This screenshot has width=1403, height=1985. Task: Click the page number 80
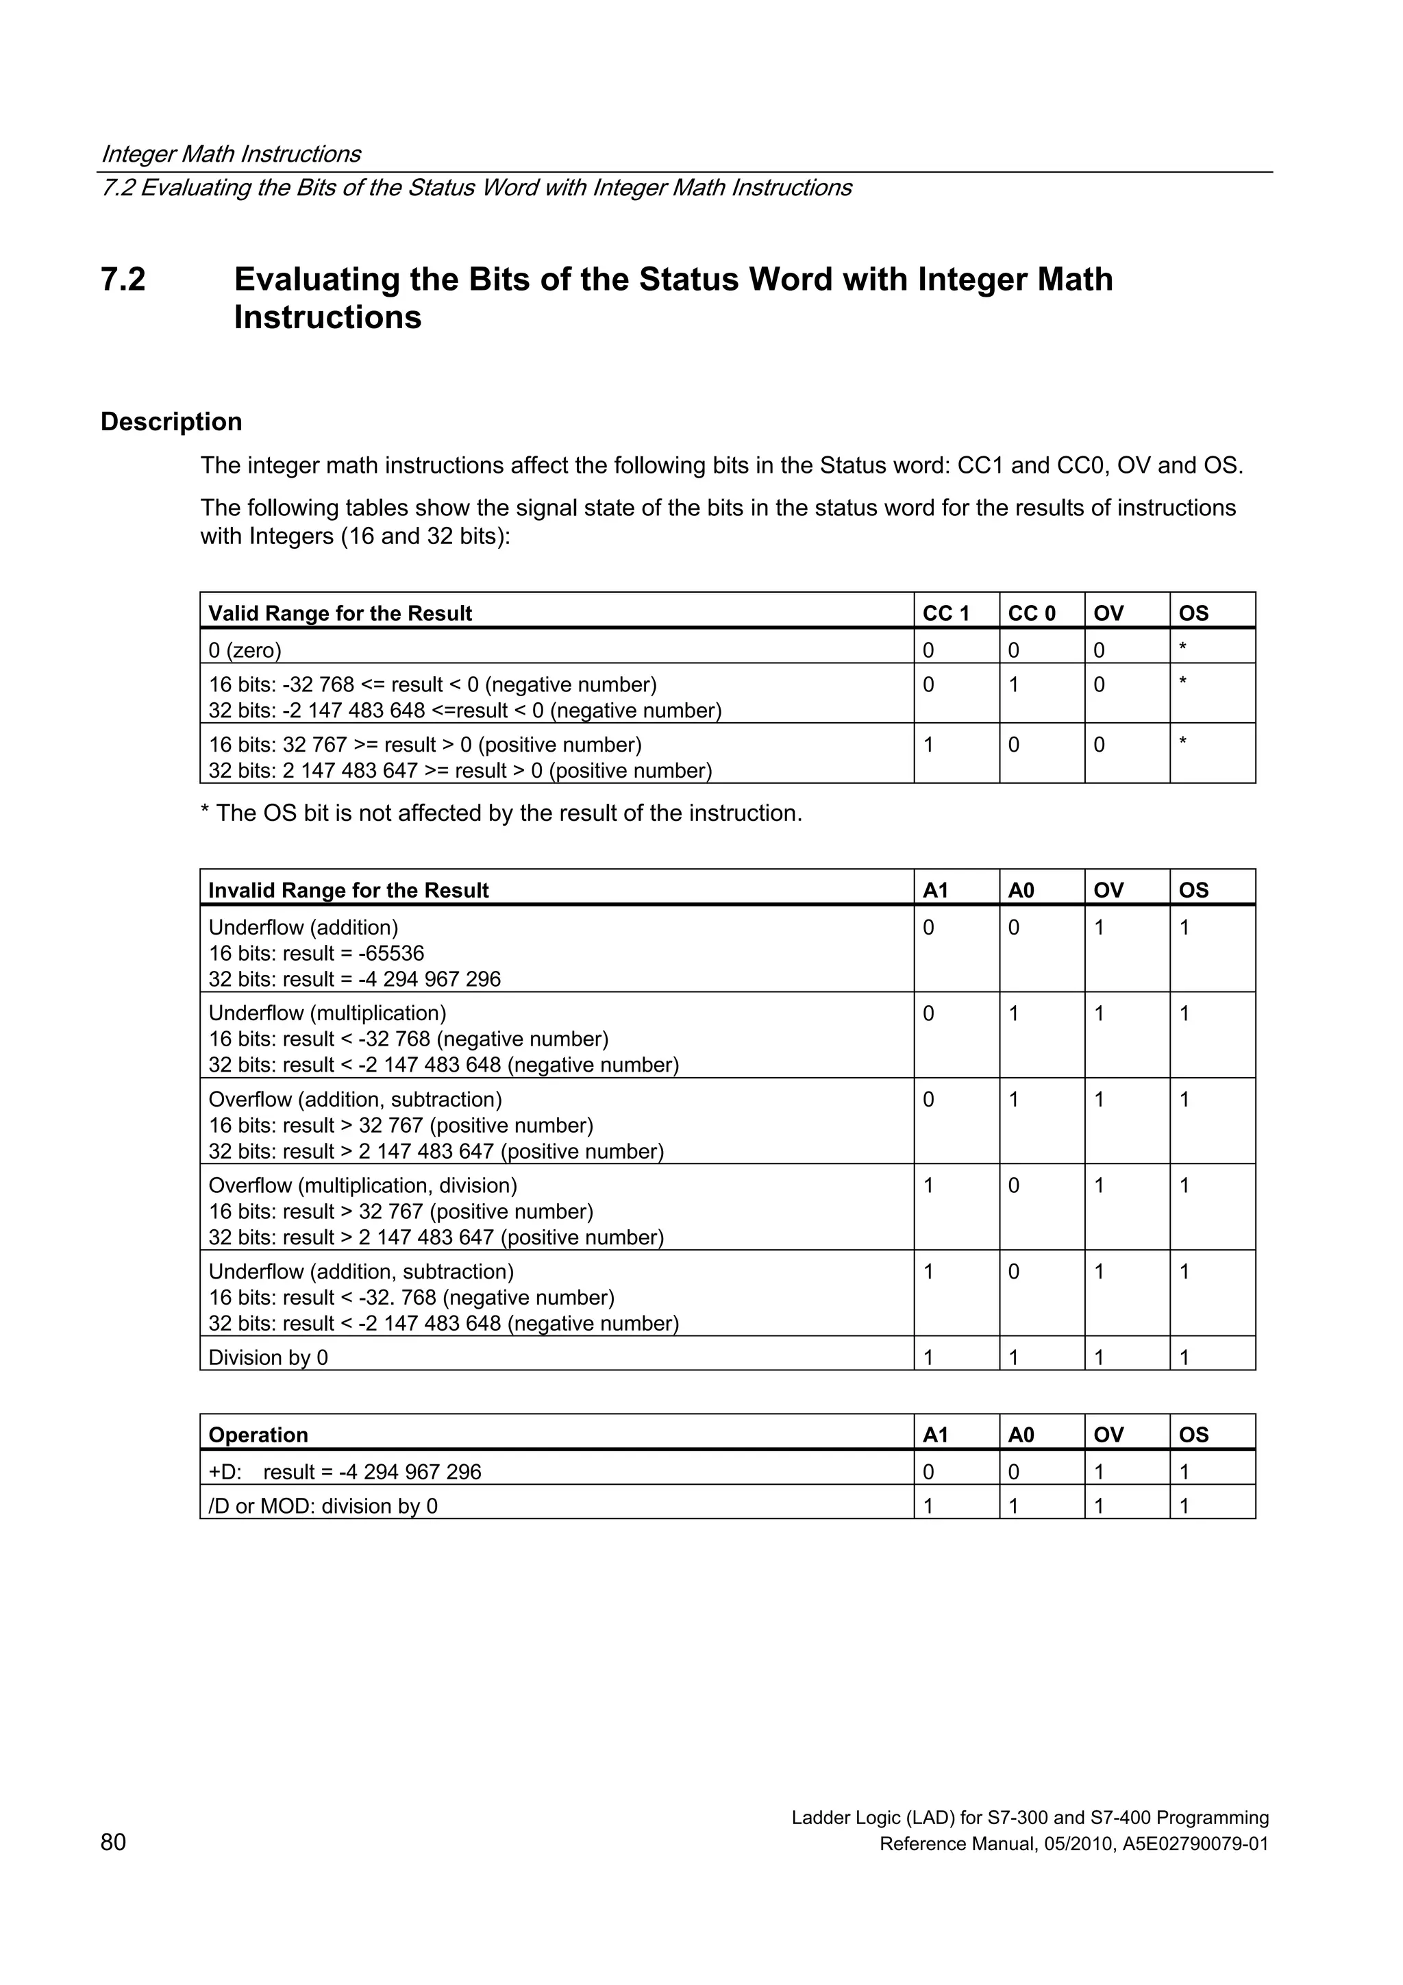point(113,1842)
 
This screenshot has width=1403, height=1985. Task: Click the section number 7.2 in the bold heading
point(123,280)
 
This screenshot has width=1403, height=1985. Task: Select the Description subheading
point(171,422)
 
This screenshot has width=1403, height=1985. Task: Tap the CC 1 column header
point(945,613)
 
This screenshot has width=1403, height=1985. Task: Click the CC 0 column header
point(1031,613)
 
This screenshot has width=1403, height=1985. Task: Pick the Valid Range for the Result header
point(340,613)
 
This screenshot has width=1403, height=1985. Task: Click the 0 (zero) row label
point(245,650)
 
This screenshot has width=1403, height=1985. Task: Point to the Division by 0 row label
point(268,1357)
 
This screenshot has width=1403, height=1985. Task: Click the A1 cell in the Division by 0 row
point(928,1357)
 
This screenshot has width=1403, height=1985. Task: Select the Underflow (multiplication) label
point(327,1013)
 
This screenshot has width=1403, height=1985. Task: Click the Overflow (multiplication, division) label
point(363,1185)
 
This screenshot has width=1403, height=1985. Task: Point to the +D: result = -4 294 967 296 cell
point(345,1472)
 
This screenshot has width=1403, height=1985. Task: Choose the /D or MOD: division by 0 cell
point(323,1506)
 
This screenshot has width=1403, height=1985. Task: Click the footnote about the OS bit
point(501,813)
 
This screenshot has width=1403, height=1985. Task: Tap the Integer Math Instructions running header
point(231,154)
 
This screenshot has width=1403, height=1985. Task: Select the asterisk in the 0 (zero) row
point(1182,648)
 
